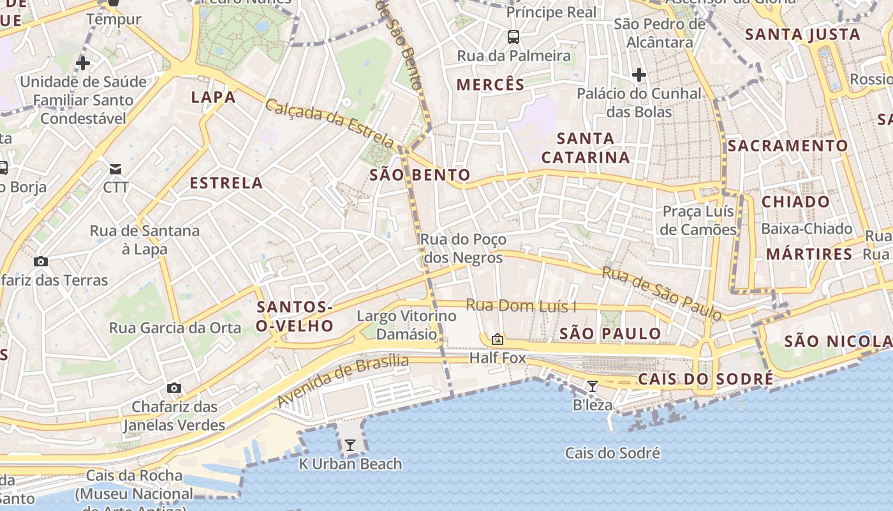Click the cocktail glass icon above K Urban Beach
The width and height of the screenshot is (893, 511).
350,445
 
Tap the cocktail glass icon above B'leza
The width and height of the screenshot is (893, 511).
593,386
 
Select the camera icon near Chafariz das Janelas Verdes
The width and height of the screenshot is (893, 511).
173,388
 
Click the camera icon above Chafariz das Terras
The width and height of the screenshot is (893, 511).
41,261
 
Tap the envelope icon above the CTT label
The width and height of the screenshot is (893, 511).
115,169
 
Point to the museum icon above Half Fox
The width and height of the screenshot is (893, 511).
498,339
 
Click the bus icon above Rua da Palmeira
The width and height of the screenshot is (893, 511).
513,37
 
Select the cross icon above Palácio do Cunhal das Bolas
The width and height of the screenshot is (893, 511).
638,75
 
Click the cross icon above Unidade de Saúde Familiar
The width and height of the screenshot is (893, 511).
82,63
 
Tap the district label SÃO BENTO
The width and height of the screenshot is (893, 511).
420,175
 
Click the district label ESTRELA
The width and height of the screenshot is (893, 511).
226,183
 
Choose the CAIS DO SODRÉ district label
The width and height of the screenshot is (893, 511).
705,379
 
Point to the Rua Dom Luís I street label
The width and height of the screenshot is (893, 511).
520,306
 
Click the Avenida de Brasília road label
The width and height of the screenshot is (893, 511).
343,381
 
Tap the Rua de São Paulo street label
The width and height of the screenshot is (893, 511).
663,293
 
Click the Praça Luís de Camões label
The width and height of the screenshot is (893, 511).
698,220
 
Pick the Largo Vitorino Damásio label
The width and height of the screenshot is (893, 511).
406,324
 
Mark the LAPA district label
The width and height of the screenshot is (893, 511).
214,97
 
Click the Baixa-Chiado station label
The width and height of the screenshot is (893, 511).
807,229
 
